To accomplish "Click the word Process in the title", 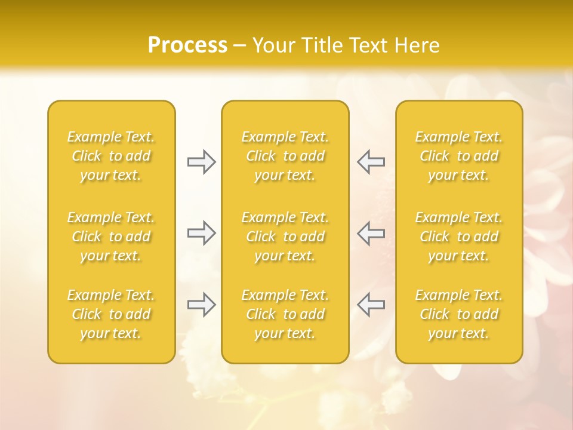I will [x=187, y=45].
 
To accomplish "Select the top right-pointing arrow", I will [x=201, y=162].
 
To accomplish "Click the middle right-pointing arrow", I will [x=201, y=232].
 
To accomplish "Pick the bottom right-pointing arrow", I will [x=201, y=305].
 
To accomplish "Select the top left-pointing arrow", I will [x=371, y=162].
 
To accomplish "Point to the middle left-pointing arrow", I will [x=371, y=232].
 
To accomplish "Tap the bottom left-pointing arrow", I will [x=371, y=305].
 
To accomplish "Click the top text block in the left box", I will [x=111, y=156].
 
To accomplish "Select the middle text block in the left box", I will [x=111, y=236].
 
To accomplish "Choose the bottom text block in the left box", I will [x=111, y=314].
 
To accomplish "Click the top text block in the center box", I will [x=285, y=156].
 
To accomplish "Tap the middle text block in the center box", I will [x=285, y=236].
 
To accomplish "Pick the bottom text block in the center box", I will [x=285, y=314].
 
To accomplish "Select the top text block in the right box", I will [x=459, y=156].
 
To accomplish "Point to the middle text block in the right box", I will [x=459, y=236].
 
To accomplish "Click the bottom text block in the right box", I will [x=459, y=314].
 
